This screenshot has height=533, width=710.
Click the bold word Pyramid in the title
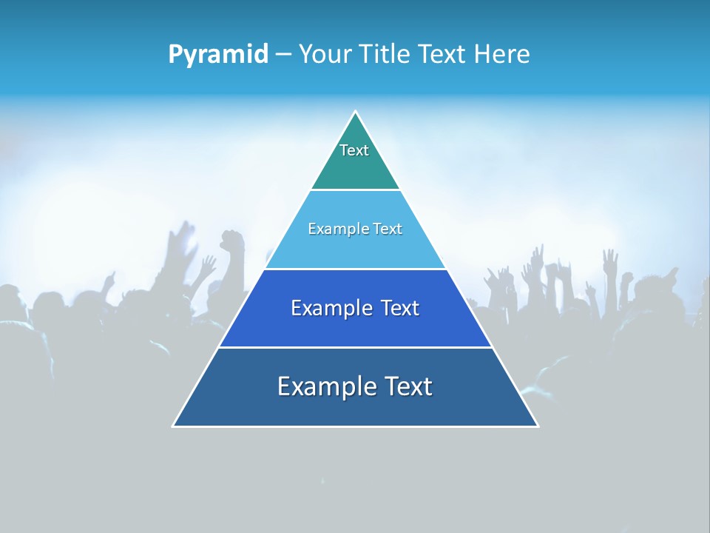[x=218, y=54]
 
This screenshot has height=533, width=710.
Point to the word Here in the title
[x=501, y=54]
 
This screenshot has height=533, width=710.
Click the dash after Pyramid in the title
[x=283, y=55]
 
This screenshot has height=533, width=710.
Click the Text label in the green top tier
[x=354, y=150]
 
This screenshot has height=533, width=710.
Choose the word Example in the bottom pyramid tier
[x=325, y=386]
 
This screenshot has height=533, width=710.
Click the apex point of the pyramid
[x=355, y=112]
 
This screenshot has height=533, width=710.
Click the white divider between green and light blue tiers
[x=355, y=190]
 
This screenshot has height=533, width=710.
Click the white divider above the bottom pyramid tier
[x=355, y=347]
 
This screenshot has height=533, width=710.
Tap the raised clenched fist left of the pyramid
[x=233, y=241]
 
